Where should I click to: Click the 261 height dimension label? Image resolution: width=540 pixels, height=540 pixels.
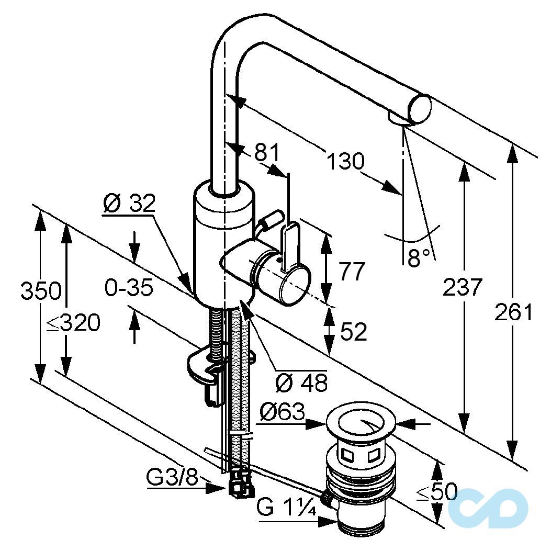(513, 313)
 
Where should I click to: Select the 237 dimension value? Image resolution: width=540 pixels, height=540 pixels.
(462, 287)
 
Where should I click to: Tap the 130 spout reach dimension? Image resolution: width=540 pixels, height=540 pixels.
(344, 161)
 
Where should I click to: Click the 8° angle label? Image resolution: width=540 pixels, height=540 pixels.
(418, 258)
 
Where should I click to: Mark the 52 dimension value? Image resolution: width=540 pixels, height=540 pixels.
(353, 332)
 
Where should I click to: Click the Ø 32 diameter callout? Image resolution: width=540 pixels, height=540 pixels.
(129, 203)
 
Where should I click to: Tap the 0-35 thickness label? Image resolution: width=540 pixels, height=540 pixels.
(128, 287)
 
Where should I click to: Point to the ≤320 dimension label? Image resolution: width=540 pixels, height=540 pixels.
(73, 324)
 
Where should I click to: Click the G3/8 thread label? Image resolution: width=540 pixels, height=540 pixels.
(172, 477)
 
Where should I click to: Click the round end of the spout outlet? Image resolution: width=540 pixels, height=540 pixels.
(420, 110)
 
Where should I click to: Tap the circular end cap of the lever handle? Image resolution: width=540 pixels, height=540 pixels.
(294, 285)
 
